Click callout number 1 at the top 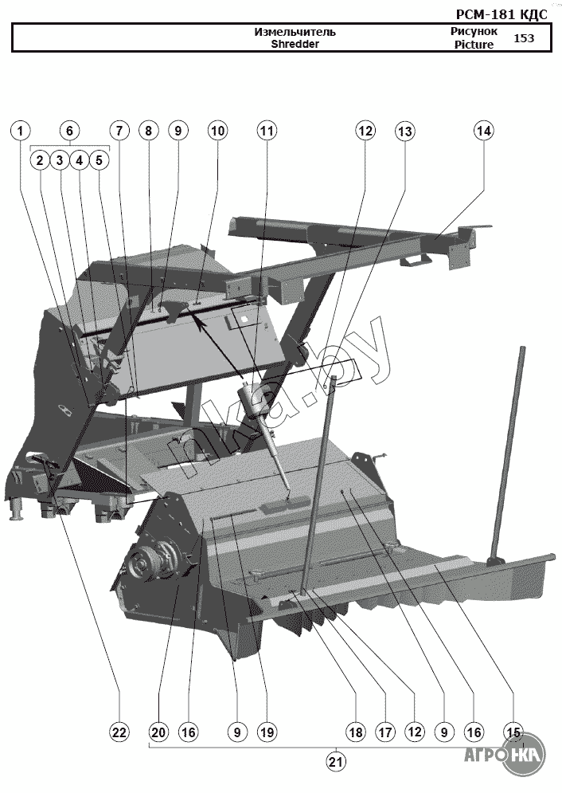(21, 130)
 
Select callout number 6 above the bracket (69, 130)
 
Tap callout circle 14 (484, 130)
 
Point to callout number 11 (266, 130)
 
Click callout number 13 (405, 130)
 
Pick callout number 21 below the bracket (336, 762)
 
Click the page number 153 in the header (524, 37)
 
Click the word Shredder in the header (295, 45)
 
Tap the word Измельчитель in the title (295, 32)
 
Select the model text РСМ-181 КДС (502, 14)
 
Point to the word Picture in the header (474, 45)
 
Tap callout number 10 (217, 130)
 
